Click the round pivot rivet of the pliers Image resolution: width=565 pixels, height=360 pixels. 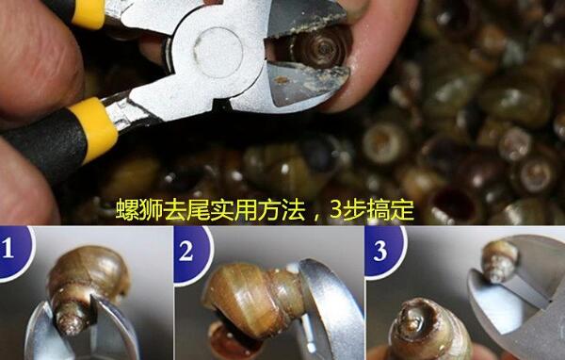(218, 53)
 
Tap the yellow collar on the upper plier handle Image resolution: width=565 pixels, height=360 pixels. (89, 13)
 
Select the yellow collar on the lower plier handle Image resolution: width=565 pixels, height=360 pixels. (94, 127)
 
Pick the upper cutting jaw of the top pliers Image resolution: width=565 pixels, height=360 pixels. (305, 17)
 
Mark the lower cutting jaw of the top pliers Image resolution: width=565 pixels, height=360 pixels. (306, 84)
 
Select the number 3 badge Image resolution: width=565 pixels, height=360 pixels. (384, 252)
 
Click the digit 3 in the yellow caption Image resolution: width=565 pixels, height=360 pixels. (335, 210)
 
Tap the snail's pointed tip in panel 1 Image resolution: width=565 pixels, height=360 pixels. (70, 322)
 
